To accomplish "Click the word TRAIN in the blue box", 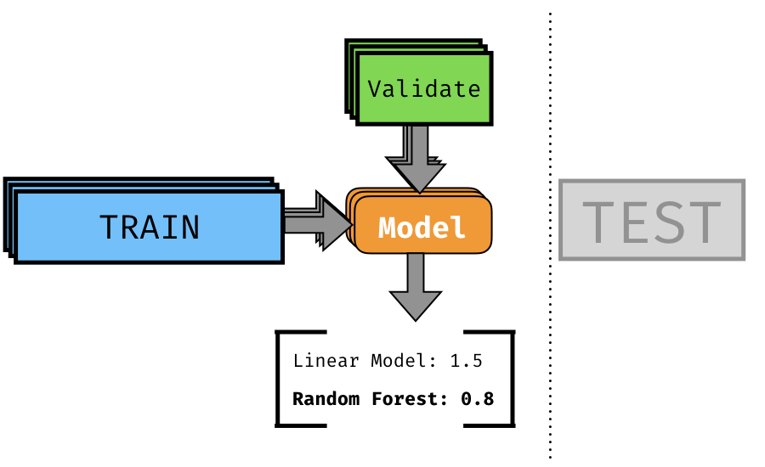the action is coord(150,228).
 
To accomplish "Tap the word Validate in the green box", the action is coord(424,88).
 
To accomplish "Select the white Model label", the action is coord(422,228).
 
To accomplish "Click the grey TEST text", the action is coord(652,222).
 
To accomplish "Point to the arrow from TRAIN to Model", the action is coord(318,222).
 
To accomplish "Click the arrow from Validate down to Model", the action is coord(416,159).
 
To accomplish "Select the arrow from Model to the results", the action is coord(416,287).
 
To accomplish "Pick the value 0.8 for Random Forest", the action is coord(477,399).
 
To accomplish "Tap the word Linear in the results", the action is coord(326,361).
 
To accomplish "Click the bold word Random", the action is coord(326,399).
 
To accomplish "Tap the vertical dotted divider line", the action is coord(550,235).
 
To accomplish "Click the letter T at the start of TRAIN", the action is coord(109,228).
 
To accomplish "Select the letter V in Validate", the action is coord(374,88).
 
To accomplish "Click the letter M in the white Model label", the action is coord(388,228).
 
